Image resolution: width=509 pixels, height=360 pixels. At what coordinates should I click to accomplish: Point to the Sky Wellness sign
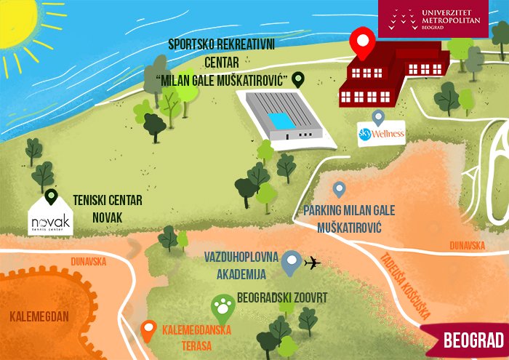380,134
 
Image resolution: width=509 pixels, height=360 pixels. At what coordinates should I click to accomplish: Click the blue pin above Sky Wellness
377,117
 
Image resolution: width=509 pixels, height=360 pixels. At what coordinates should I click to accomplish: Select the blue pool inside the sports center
278,119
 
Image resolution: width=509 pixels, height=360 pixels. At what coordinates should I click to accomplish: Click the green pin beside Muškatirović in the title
298,79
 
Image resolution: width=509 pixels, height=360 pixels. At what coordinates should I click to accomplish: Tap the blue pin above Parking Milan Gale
339,190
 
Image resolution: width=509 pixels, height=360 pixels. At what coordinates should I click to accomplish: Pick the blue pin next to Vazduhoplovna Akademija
292,263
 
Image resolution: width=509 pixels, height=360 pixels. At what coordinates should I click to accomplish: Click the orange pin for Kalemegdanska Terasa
148,330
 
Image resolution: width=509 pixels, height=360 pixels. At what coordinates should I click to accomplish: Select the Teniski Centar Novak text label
108,209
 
